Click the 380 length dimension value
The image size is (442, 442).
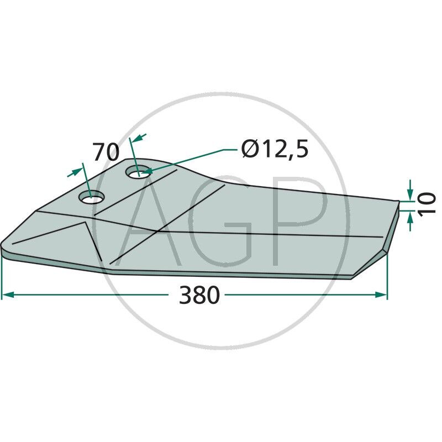[199, 296]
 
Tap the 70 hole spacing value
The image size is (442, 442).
[106, 152]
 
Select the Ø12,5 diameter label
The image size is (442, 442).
[275, 150]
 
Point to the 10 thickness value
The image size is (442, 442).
[428, 203]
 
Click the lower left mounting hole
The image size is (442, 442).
[92, 197]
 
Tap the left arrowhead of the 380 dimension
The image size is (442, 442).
[7, 296]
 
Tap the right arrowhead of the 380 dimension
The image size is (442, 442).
[382, 295]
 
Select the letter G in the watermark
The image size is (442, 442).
[221, 221]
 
